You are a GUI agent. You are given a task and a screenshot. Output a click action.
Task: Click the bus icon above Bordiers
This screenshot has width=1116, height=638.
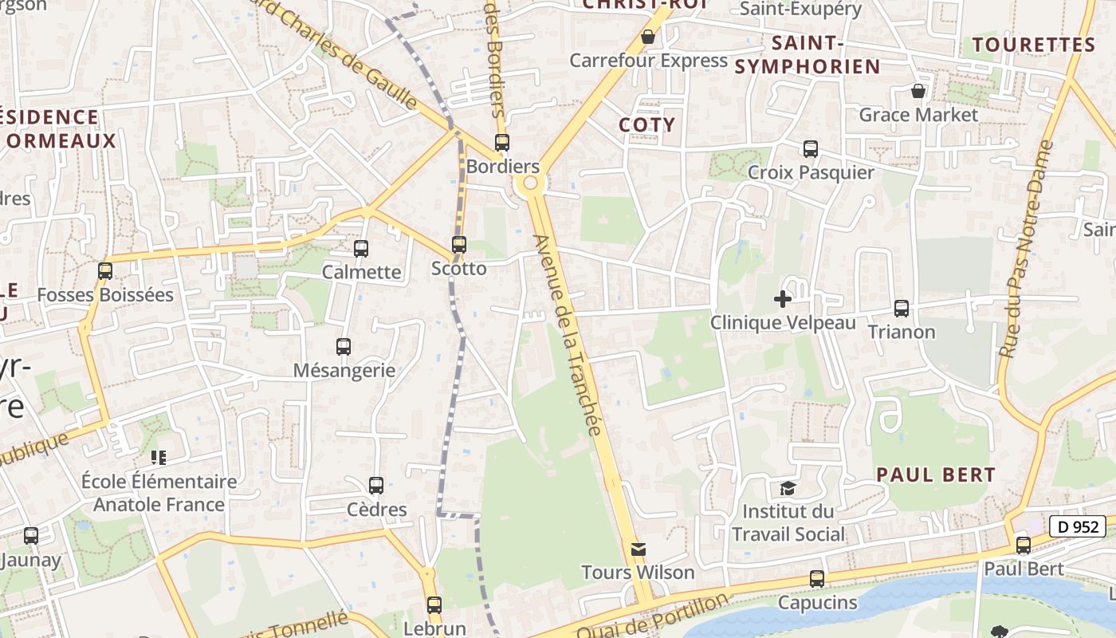[x=502, y=143]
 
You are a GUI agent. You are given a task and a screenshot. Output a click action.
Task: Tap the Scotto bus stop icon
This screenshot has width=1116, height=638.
[x=459, y=245]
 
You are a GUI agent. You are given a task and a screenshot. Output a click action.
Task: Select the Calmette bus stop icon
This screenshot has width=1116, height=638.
[x=361, y=249]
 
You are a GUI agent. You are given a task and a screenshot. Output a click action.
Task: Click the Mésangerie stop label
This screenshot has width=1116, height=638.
[x=344, y=370]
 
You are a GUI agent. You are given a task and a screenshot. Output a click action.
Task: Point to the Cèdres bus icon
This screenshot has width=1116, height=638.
[x=376, y=485]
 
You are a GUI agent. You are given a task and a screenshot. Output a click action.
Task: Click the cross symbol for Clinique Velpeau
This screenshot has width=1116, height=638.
[x=783, y=299]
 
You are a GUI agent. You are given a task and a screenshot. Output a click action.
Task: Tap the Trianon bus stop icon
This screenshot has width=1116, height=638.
[x=902, y=308]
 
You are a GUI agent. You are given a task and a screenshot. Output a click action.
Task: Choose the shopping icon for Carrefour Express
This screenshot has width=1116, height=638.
[x=648, y=37]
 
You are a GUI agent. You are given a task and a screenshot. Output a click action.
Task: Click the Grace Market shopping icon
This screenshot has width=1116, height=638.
[x=918, y=91]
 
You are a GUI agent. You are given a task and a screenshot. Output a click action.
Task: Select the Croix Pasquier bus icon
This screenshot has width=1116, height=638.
[x=811, y=148]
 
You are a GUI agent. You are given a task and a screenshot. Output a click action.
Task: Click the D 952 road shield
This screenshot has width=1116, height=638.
[x=1078, y=526]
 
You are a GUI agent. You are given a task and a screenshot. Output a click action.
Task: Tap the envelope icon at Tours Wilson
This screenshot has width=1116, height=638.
[x=639, y=549]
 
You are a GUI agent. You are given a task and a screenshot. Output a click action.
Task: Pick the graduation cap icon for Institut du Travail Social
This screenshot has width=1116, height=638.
[x=788, y=487]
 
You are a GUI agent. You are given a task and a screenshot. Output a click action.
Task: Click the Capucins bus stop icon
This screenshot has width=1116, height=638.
[x=817, y=579]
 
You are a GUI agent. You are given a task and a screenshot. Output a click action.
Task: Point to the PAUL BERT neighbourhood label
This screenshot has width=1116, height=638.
[x=936, y=475]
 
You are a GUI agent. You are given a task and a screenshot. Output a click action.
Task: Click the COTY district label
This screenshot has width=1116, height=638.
[x=647, y=125]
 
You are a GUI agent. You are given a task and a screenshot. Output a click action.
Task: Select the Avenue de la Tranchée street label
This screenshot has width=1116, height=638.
[x=568, y=335]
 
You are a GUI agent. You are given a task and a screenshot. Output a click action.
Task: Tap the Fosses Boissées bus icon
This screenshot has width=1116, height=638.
[x=105, y=271]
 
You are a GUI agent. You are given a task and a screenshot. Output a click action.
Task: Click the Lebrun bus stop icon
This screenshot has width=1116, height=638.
[x=434, y=605]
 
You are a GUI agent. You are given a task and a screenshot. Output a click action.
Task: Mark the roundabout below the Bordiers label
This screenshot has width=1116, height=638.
[x=529, y=185]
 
